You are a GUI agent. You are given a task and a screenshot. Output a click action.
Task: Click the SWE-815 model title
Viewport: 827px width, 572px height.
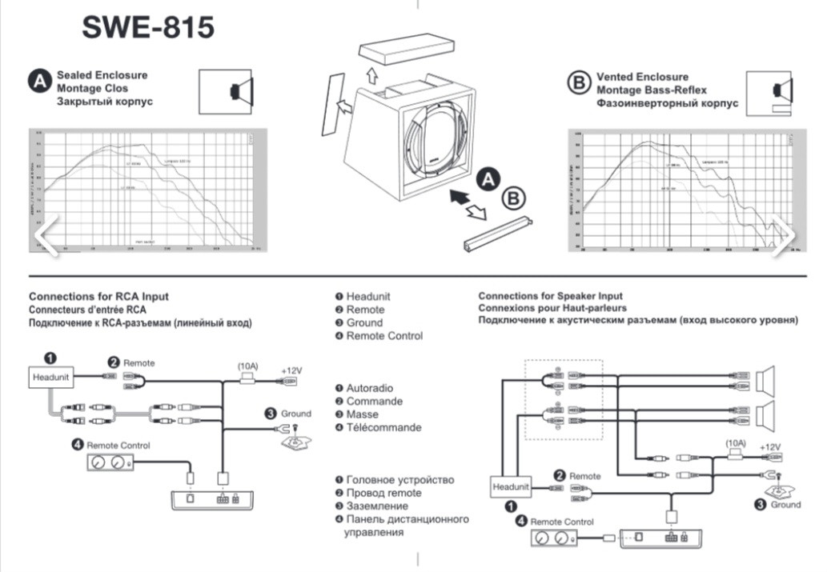click(148, 27)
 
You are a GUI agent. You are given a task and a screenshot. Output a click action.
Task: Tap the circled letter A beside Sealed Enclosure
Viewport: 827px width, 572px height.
click(39, 82)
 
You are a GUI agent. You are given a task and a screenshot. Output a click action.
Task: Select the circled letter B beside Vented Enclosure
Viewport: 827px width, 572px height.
click(577, 83)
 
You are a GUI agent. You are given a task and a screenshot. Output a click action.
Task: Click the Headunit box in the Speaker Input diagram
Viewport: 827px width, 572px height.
click(510, 486)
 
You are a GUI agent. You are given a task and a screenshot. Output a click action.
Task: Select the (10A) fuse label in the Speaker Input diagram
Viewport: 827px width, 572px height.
click(737, 442)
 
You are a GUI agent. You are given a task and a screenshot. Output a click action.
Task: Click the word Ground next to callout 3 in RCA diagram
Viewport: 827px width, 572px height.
click(295, 414)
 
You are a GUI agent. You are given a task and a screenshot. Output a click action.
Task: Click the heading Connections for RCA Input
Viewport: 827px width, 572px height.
click(98, 297)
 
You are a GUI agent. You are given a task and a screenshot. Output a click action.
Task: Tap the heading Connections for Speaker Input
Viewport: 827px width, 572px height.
click(550, 297)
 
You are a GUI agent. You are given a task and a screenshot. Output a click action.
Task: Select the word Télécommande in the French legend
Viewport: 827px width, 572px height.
click(383, 427)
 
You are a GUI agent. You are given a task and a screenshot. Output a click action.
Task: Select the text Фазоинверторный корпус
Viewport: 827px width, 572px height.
click(667, 104)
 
